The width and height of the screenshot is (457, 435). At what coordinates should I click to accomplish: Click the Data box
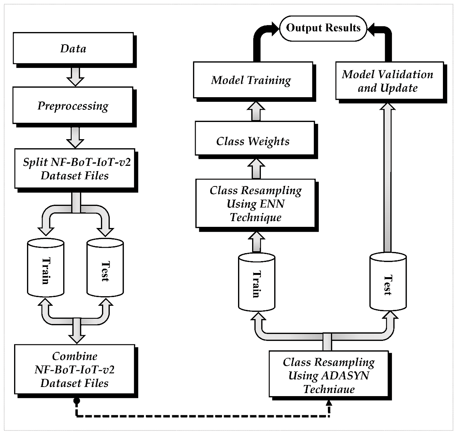[73, 48]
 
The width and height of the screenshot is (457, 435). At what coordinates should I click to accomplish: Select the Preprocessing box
[73, 105]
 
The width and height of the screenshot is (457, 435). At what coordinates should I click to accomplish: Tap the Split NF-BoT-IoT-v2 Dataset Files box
[75, 169]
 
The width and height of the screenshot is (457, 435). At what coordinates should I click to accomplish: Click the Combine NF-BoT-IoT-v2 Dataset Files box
[74, 369]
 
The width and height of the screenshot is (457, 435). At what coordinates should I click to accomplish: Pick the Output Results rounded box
[323, 28]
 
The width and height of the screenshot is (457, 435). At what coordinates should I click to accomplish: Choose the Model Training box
[251, 80]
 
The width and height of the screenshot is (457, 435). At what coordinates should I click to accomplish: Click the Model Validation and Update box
[388, 81]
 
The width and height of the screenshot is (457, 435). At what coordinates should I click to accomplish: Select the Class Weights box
[253, 141]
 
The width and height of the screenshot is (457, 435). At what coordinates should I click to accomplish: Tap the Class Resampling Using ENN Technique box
[256, 204]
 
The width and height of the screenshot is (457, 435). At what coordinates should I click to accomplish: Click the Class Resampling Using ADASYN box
[328, 376]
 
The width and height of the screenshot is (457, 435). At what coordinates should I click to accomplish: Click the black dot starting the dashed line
[77, 401]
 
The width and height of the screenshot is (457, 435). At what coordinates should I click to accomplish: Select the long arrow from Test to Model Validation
[388, 179]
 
